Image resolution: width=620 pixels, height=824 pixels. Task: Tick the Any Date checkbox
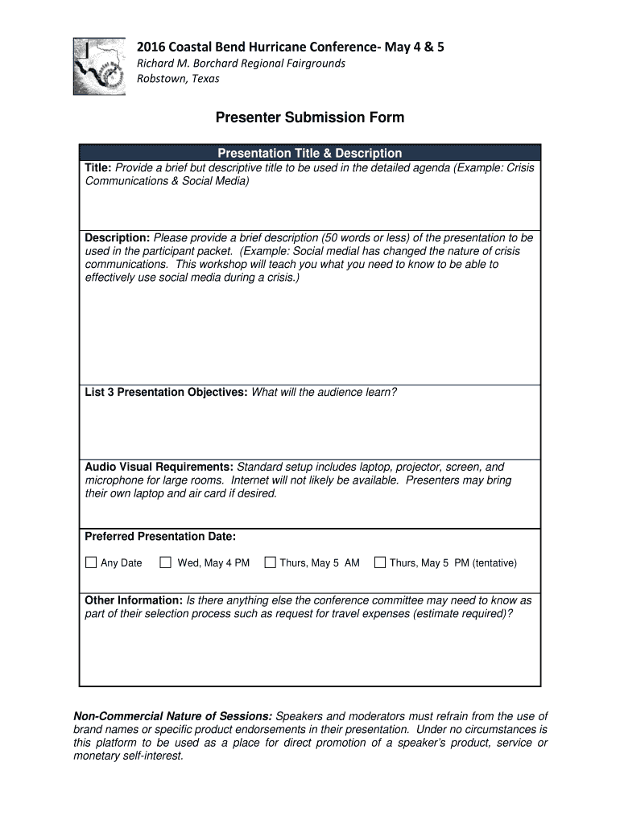(x=91, y=562)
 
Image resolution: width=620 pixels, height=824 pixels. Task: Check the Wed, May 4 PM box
(x=165, y=562)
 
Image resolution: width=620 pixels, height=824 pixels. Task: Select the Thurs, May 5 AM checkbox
(x=270, y=562)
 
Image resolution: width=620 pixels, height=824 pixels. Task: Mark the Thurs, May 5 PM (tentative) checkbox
(x=380, y=562)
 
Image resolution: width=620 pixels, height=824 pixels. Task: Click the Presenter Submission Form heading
(x=309, y=118)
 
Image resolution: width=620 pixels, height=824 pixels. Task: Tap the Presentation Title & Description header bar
(x=309, y=153)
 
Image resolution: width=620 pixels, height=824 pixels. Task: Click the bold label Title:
(x=99, y=167)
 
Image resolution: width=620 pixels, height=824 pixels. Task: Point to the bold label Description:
(x=118, y=238)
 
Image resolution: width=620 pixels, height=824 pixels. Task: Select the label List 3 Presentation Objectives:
(x=167, y=393)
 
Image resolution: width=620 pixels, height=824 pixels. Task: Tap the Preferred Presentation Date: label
(x=160, y=537)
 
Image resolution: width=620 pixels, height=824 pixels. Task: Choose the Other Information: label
(x=134, y=600)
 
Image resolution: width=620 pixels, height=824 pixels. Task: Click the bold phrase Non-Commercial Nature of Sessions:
(x=173, y=716)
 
